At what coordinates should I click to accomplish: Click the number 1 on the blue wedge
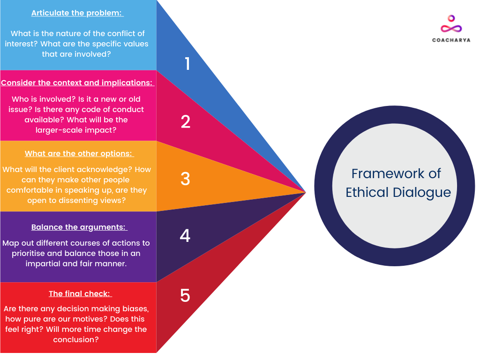(187, 64)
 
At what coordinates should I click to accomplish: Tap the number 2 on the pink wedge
(186, 121)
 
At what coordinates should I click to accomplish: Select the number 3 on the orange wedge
(185, 179)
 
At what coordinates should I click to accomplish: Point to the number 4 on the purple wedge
(185, 236)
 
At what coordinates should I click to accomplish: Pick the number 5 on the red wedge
(185, 295)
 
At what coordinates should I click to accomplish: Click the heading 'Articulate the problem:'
(77, 13)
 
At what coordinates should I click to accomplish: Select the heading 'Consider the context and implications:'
(77, 83)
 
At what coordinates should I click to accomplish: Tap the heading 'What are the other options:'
(79, 154)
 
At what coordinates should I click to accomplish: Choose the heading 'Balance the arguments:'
(79, 227)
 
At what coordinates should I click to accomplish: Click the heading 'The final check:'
(80, 294)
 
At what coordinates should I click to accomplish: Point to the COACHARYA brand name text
(451, 40)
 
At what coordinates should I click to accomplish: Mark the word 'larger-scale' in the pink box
(59, 130)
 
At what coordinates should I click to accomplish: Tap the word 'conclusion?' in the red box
(76, 339)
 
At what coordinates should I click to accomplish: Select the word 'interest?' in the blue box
(21, 44)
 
